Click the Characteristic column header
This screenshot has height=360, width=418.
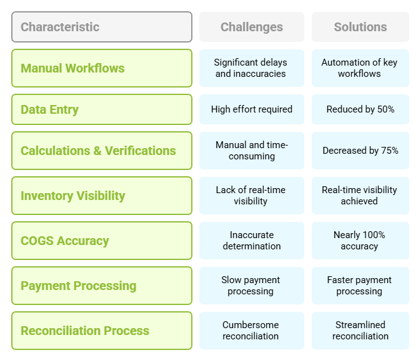102,27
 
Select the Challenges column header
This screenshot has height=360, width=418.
252,27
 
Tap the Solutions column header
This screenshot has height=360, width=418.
361,27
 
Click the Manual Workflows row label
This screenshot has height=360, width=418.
102,68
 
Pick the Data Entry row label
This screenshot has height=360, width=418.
102,109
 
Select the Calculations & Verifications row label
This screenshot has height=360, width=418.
102,151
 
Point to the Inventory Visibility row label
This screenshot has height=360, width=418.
102,196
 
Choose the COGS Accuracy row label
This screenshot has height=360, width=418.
102,241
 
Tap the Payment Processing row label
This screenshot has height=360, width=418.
102,286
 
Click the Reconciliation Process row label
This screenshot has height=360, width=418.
102,331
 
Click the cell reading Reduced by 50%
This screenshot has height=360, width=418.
361,109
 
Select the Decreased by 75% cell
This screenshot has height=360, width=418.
361,151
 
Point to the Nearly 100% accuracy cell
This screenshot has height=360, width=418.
361,241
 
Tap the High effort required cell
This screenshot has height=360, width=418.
252,109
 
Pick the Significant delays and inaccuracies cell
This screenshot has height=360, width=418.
252,68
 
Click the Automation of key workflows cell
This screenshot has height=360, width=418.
361,68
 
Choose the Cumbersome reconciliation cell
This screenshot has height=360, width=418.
252,331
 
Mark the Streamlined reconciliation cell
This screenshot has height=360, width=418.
361,331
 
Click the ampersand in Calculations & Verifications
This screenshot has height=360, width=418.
97,151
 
